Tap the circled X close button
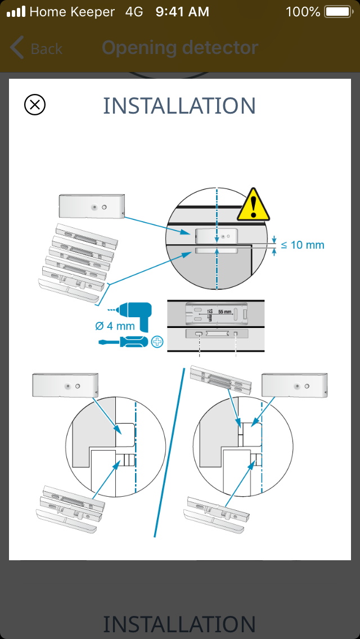35,105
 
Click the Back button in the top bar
36,48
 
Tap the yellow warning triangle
254,205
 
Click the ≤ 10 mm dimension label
303,245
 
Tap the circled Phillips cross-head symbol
157,341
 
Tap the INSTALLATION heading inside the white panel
179,106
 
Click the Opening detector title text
180,48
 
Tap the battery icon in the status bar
337,11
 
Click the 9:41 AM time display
182,11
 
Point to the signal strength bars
15,11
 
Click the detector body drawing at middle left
65,386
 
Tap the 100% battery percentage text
303,11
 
